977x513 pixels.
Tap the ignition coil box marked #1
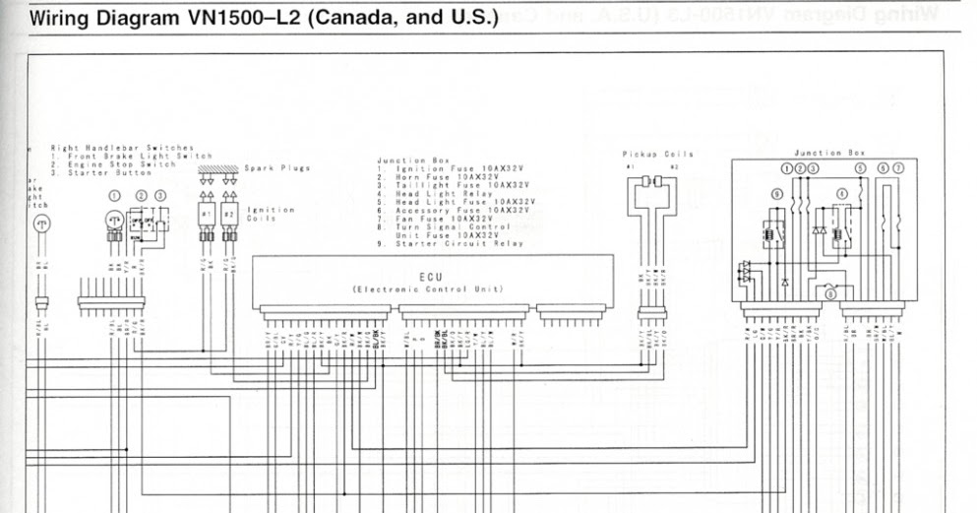207,214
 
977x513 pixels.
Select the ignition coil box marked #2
229,214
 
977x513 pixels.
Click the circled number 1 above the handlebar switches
115,196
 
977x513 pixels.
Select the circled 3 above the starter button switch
160,196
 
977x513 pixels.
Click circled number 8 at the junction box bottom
830,292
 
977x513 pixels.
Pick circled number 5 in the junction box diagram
861,168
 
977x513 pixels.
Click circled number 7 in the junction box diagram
897,168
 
